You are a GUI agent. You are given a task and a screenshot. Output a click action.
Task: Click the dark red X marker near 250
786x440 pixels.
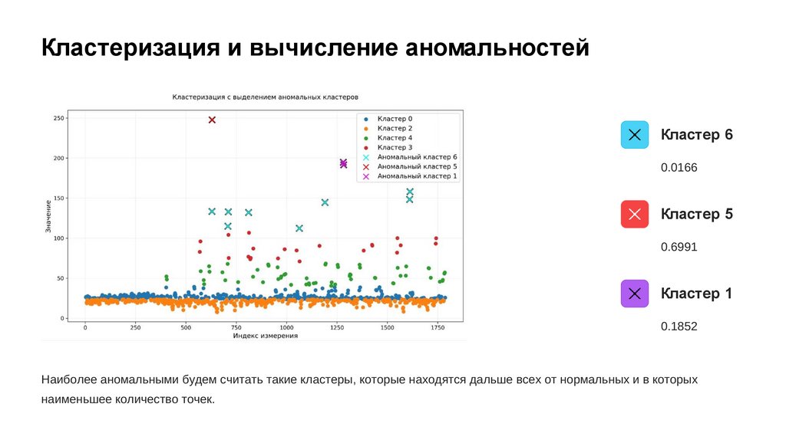(x=212, y=120)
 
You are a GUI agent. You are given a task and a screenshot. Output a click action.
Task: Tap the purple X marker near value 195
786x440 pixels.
(x=343, y=163)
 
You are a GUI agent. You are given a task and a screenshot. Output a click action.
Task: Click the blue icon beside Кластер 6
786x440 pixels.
(x=635, y=135)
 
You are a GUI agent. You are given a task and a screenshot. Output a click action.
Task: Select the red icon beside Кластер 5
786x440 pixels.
(x=635, y=214)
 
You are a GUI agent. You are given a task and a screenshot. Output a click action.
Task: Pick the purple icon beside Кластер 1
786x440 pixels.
(x=635, y=293)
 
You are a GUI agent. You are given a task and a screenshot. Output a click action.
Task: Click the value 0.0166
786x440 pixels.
(x=679, y=167)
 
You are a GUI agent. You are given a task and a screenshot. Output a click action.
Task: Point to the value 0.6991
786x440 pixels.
(x=679, y=247)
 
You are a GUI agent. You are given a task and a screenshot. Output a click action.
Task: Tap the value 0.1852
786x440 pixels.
(x=679, y=326)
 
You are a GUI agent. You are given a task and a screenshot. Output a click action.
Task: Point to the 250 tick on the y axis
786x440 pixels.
(x=58, y=119)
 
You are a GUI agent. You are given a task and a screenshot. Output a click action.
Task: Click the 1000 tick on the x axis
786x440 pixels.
(x=286, y=328)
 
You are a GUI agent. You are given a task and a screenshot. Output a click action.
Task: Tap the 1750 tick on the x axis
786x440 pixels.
(x=437, y=328)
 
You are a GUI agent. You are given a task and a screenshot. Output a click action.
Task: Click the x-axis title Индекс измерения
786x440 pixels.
(x=266, y=336)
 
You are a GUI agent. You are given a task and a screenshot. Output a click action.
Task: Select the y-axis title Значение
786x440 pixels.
(x=48, y=216)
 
